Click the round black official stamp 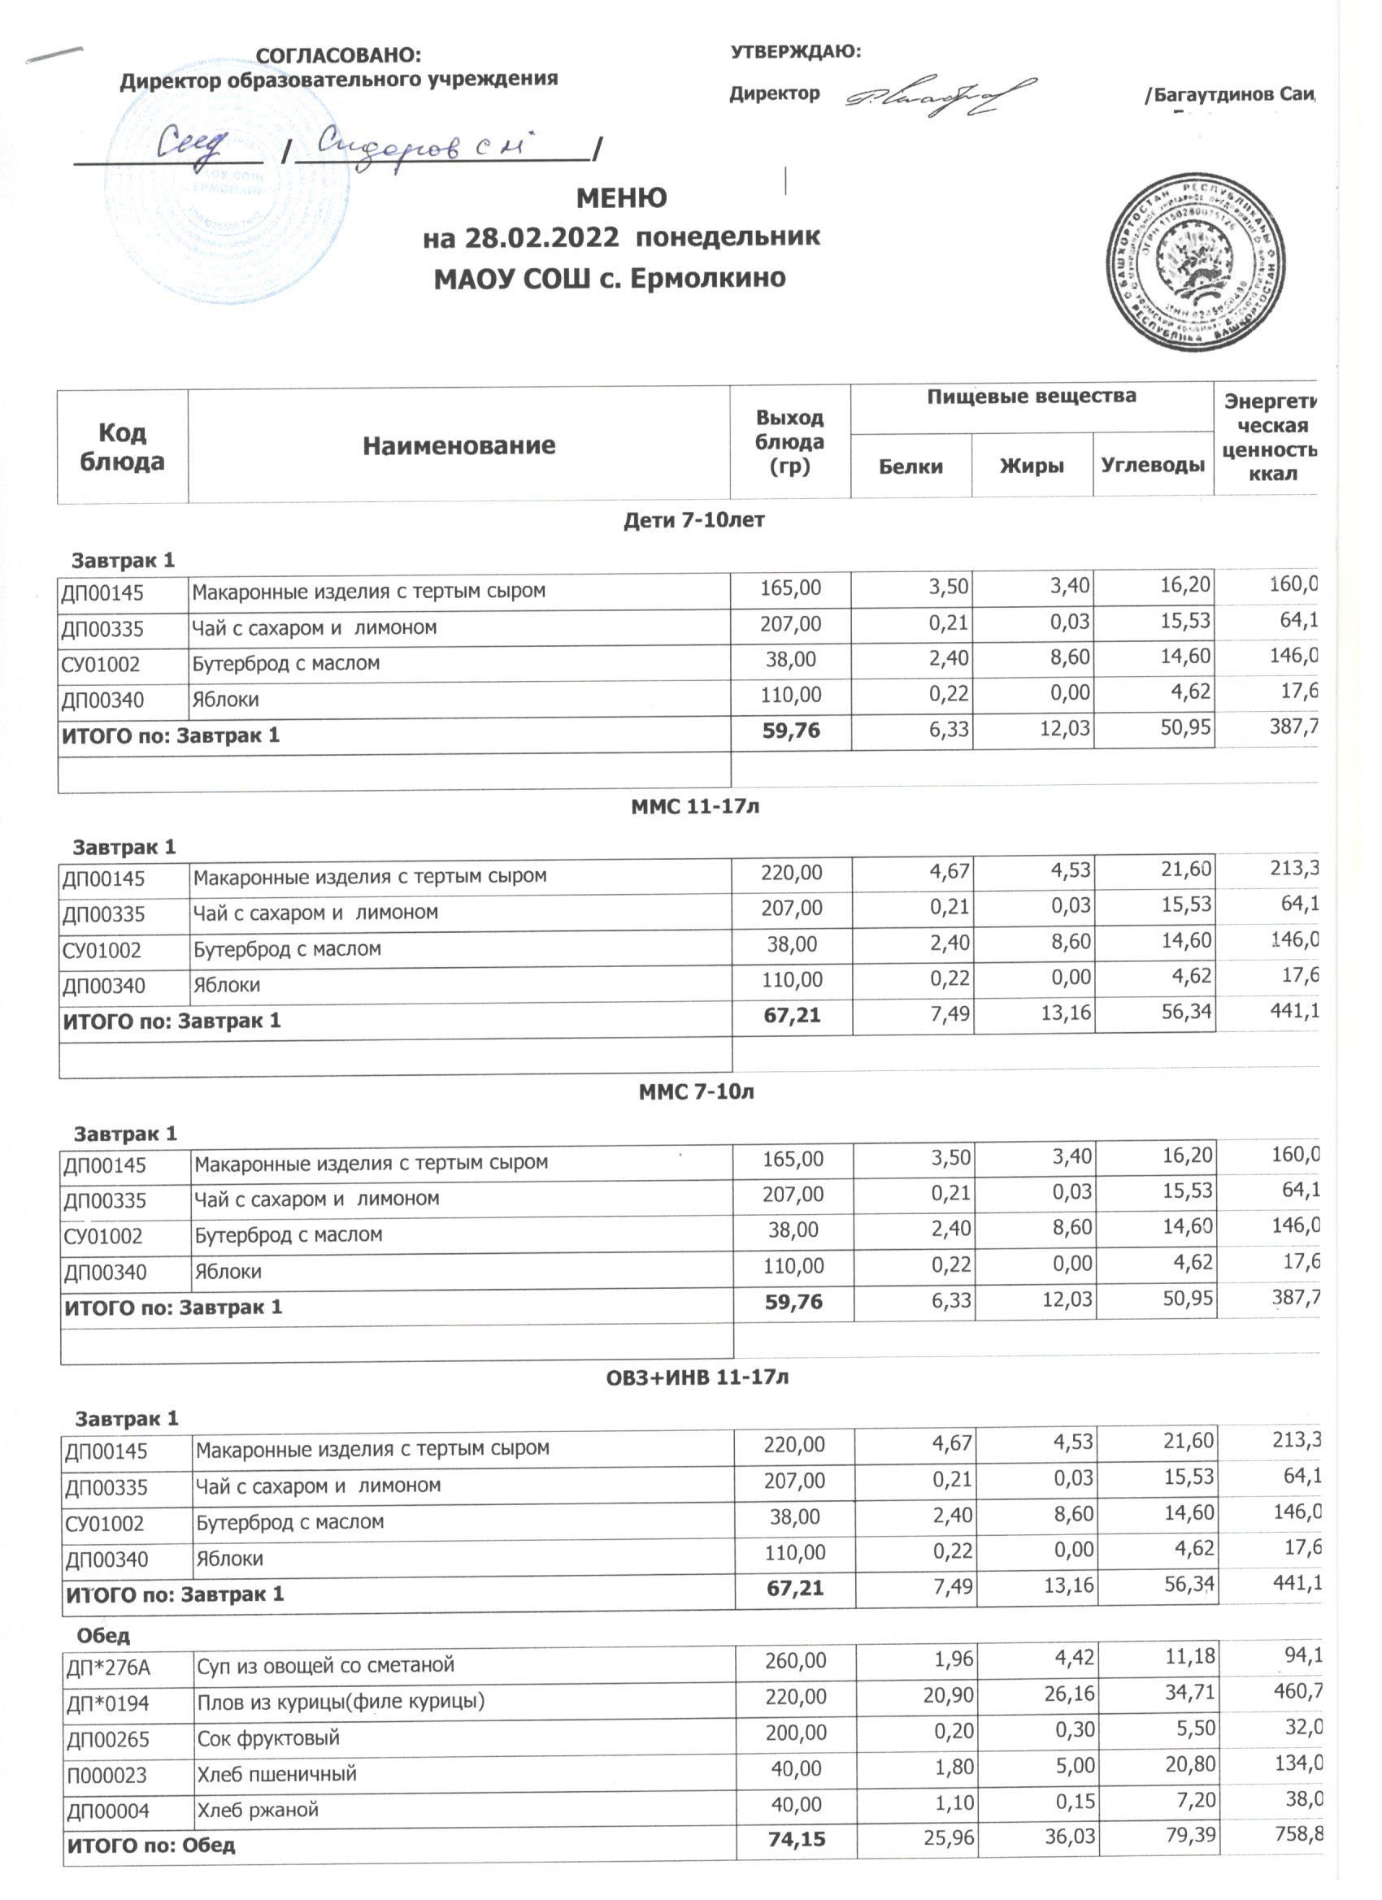[1196, 262]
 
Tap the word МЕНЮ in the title [622, 197]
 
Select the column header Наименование [458, 445]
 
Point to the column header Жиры [1032, 466]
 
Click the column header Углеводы [1153, 465]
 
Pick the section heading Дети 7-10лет [694, 520]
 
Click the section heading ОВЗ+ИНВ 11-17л [698, 1377]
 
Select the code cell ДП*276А [108, 1668]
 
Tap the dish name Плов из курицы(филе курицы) [341, 1702]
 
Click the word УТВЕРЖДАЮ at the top [795, 52]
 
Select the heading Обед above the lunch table [103, 1634]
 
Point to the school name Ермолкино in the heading [707, 278]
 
